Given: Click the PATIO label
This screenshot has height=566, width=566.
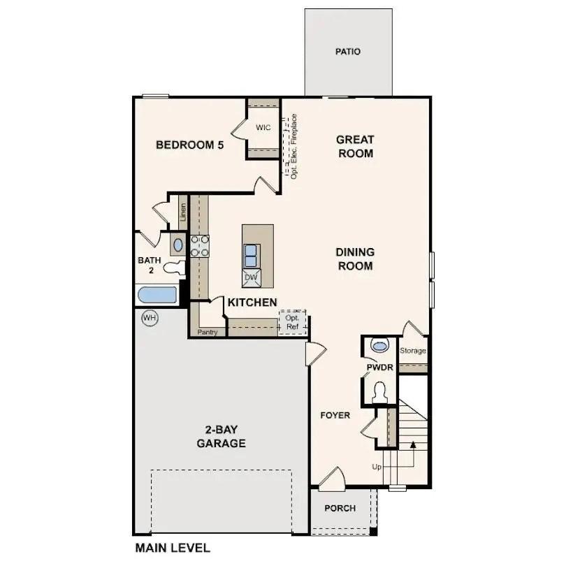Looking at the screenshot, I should pos(348,52).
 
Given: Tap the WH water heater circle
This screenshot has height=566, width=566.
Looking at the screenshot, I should pos(149,318).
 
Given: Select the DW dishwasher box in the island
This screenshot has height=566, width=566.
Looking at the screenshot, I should pos(251,278).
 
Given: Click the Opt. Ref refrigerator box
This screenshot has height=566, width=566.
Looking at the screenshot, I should pos(293,323).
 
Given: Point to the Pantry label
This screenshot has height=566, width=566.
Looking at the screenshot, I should pos(208,333).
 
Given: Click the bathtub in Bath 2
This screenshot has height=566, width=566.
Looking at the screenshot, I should pos(158,296).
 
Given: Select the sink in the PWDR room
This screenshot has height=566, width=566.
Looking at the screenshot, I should pos(379,345).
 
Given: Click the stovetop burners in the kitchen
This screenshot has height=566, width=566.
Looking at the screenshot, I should pos(200,246).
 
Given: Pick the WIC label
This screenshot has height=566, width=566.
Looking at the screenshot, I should pos(263,128).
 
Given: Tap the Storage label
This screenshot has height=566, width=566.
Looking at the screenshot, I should pos(412,351).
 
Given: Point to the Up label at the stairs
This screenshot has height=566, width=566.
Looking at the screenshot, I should pos(377,467).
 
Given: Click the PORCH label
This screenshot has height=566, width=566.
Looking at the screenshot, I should pos(340,509).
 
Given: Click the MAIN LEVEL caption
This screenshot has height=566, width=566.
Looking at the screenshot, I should pos(173,549).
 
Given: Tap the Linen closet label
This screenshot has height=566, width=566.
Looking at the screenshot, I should pos(183,212).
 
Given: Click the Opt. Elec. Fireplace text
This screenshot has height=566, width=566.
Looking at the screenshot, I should pos(294,147).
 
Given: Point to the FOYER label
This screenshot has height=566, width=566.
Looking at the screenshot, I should pos(335,415).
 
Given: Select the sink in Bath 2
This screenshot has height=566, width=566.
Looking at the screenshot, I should pos(177,245).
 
